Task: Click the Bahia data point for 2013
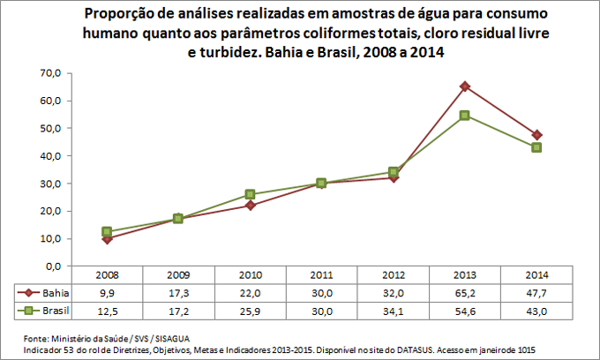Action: (x=465, y=86)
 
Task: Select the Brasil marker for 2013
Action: (x=465, y=116)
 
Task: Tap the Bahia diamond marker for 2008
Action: (x=107, y=239)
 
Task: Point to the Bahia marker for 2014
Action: (x=536, y=135)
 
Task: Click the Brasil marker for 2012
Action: (x=394, y=172)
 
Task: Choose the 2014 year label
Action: (x=536, y=275)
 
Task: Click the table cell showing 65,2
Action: (x=465, y=293)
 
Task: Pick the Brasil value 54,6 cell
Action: (x=465, y=311)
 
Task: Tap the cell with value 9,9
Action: (x=107, y=293)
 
